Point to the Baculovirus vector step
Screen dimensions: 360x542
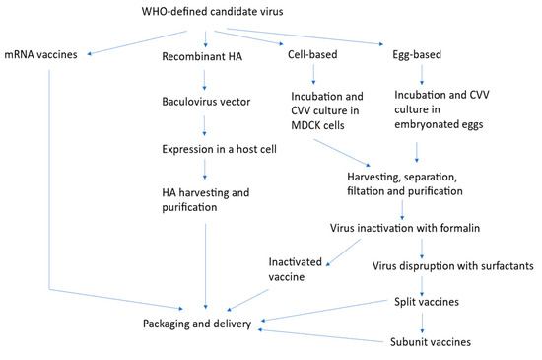pyautogui.click(x=205, y=100)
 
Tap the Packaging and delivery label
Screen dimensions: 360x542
pyautogui.click(x=195, y=324)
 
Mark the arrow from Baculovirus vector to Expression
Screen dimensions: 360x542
pyautogui.click(x=203, y=122)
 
